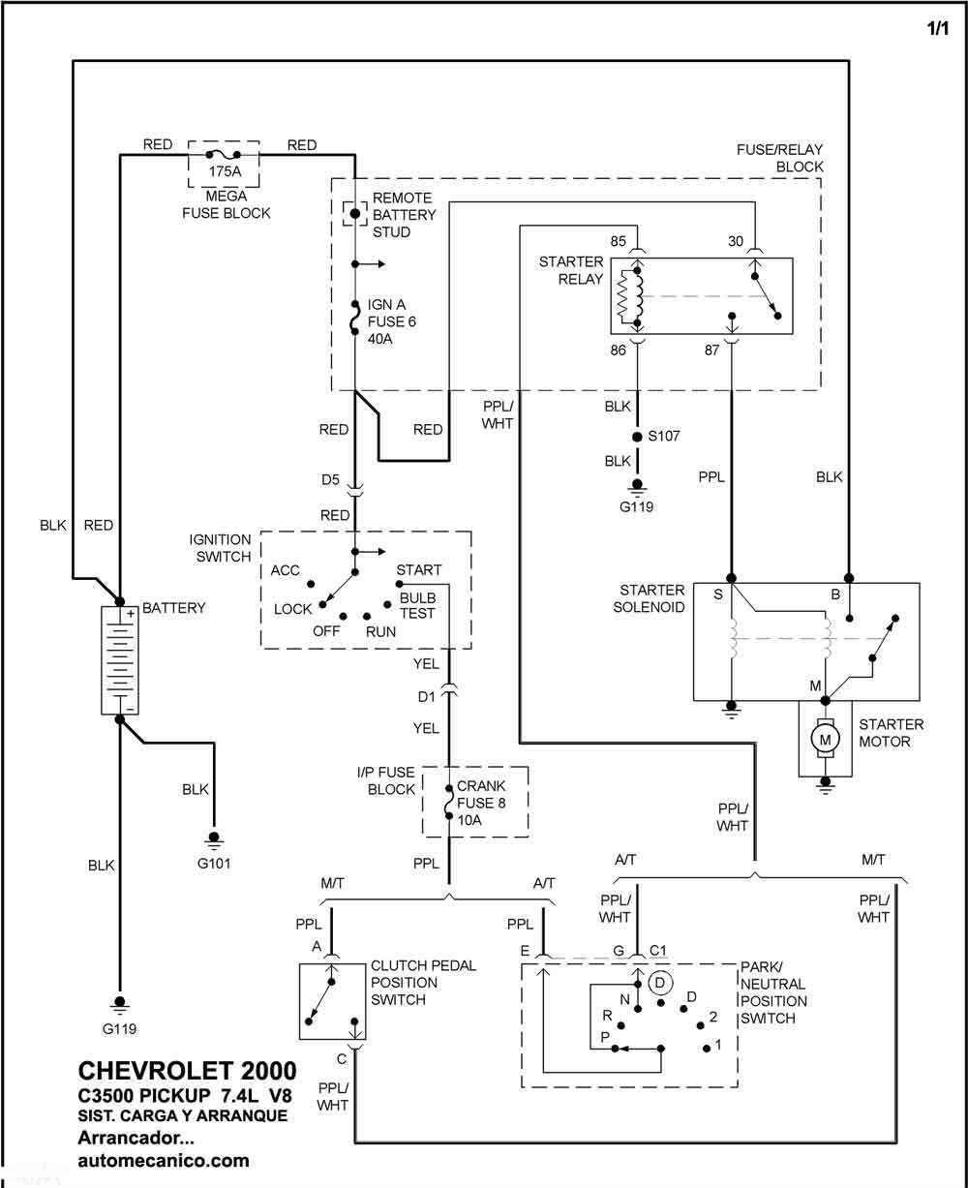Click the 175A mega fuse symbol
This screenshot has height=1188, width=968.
(x=223, y=154)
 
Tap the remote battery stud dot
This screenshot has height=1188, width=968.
(x=354, y=214)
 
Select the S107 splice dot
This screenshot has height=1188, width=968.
(x=637, y=437)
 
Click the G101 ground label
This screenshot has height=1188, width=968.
(x=214, y=863)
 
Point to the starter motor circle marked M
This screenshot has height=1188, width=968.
(x=826, y=740)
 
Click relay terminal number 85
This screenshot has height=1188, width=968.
(x=618, y=241)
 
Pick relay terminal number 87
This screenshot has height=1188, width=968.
(x=712, y=350)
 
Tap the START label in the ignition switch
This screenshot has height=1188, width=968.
(x=419, y=569)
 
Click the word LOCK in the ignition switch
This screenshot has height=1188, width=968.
(x=292, y=609)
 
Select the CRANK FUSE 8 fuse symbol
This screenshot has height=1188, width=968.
(x=449, y=803)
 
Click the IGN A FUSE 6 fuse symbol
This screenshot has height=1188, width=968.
(x=355, y=319)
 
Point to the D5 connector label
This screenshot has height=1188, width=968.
(x=330, y=479)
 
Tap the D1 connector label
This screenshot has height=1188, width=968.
(x=426, y=696)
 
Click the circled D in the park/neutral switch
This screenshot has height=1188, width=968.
(x=659, y=982)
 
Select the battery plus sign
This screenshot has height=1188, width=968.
(x=131, y=614)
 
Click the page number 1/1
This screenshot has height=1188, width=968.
(x=937, y=28)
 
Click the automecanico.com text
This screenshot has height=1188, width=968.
(x=164, y=1161)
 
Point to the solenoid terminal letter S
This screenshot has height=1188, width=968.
(x=718, y=594)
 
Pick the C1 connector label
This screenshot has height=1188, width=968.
(x=658, y=950)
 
